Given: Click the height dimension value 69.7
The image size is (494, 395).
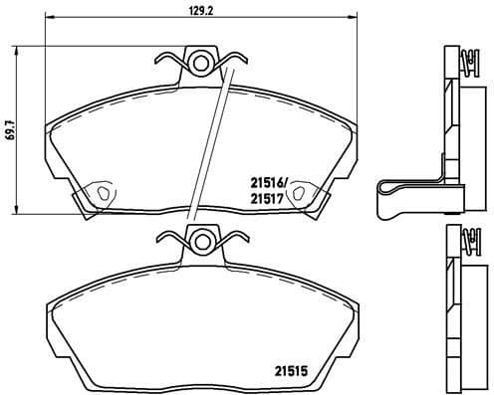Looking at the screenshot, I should (x=9, y=133).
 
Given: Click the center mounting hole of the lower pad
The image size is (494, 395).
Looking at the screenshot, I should (x=202, y=240).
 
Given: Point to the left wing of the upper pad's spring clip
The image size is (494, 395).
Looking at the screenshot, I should (x=172, y=61).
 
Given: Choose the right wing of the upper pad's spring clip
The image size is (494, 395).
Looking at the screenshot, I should (x=233, y=61).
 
